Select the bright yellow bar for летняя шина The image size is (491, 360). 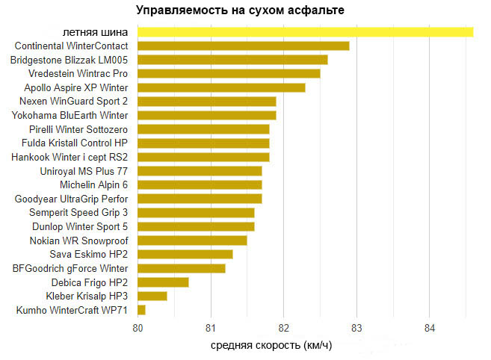point(305,31)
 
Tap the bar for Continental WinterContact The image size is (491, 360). point(243,46)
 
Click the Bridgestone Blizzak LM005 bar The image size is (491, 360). point(232,60)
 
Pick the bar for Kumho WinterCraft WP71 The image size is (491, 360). point(141,310)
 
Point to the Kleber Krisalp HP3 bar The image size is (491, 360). point(152,296)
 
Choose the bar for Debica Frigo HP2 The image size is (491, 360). point(163,282)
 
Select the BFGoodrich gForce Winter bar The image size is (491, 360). point(182,268)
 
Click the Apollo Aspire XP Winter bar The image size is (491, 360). point(221,87)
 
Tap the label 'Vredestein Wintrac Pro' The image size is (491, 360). point(78,74)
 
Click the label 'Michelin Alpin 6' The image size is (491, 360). point(93,184)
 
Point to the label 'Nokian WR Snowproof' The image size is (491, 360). point(78,240)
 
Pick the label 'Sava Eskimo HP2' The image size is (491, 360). point(89,254)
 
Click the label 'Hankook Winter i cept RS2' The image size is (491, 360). point(70,157)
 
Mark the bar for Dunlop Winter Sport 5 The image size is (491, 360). point(196,226)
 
